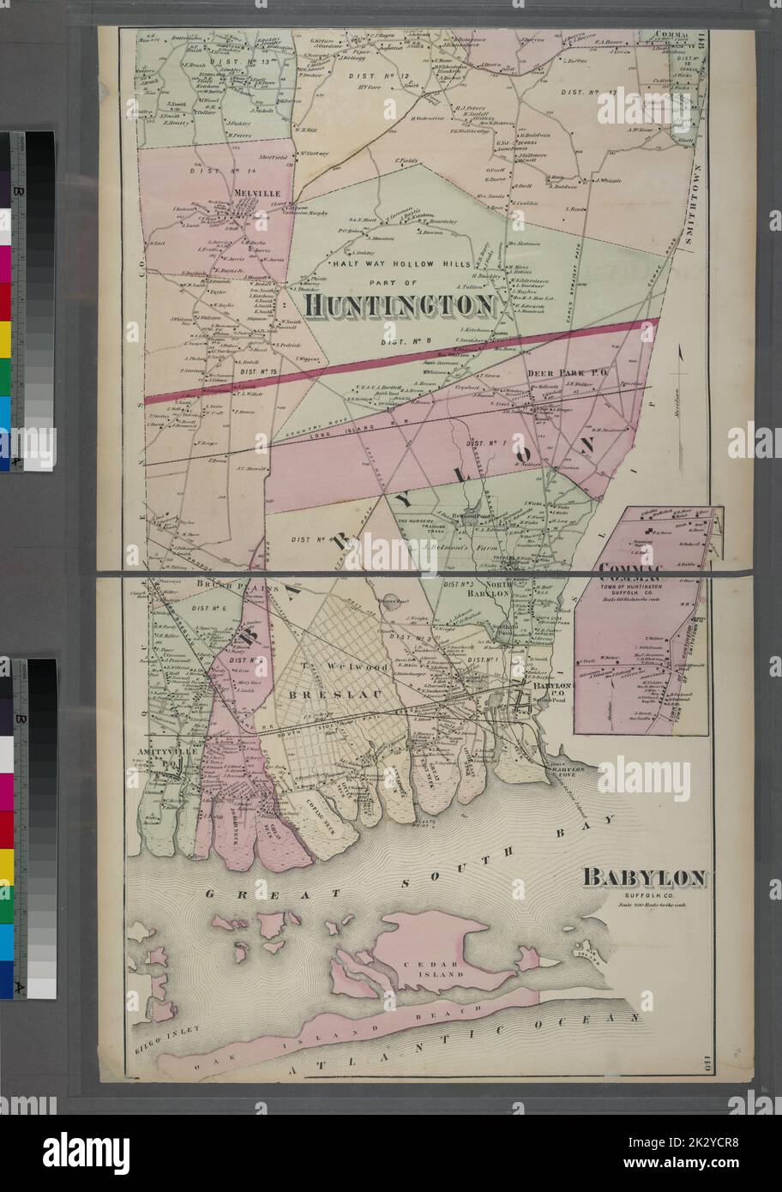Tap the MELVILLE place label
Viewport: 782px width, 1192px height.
pos(257,194)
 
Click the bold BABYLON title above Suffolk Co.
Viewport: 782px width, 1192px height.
pos(645,877)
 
